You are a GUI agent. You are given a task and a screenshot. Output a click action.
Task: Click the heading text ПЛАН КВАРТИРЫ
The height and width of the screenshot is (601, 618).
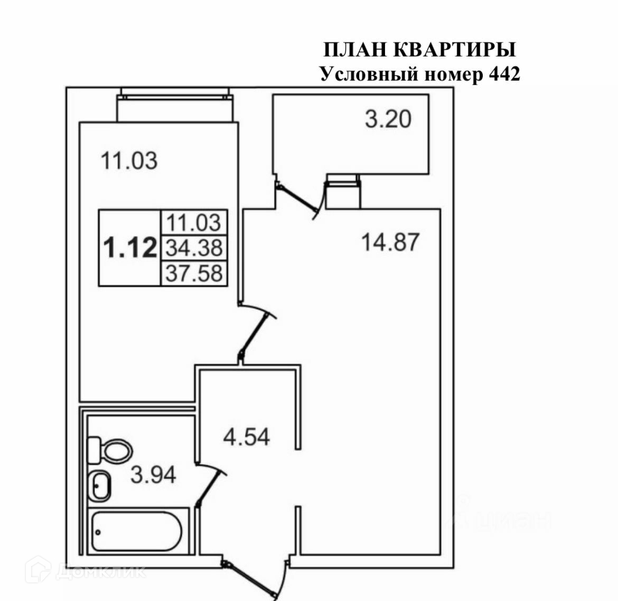419,50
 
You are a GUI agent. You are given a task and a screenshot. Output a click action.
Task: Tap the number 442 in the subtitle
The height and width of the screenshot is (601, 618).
503,74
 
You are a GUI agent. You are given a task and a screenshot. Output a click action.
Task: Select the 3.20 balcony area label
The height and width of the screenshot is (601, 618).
388,119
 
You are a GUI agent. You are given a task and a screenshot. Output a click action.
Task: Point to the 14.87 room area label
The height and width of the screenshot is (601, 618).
390,242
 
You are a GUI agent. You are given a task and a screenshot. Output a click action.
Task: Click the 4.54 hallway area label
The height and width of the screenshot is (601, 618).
246,437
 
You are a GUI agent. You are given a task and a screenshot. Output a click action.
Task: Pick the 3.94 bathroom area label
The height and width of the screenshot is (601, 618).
153,475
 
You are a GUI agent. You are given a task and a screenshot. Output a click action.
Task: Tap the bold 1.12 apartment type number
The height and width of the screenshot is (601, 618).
130,248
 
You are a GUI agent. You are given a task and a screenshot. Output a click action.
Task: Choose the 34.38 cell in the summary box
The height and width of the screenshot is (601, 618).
194,247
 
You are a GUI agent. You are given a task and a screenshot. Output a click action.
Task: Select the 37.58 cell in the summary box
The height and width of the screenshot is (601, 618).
194,273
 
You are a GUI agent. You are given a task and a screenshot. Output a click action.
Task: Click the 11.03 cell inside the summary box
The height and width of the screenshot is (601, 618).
194,222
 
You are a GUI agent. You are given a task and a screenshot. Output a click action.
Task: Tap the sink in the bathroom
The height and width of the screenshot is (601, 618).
99,485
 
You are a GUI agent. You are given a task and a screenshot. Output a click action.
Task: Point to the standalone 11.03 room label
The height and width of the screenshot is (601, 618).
129,160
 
